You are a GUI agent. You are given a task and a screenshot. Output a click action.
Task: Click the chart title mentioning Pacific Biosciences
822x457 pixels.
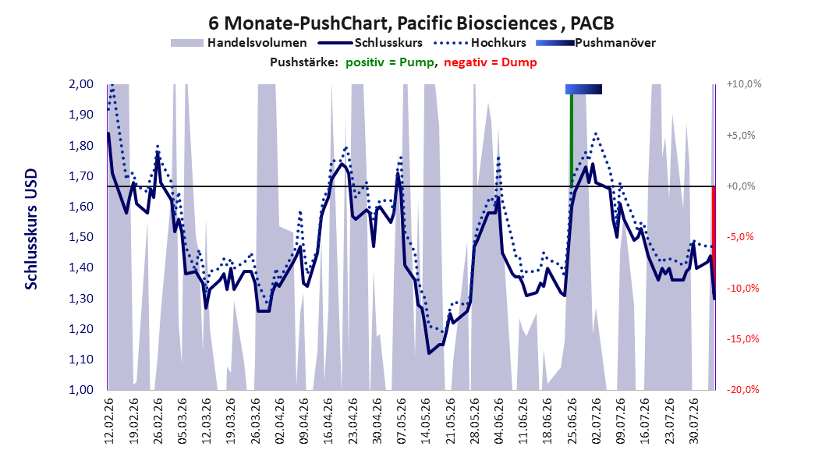click(411, 23)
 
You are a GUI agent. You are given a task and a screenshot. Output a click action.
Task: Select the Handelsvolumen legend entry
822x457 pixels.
click(239, 43)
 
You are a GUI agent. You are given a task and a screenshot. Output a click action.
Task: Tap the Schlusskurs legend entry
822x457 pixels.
click(370, 43)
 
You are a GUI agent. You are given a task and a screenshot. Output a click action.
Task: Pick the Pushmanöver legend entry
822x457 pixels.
click(596, 43)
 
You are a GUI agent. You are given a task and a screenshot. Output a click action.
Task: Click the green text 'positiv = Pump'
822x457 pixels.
click(390, 62)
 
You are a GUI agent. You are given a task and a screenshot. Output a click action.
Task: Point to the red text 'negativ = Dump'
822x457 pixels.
click(491, 62)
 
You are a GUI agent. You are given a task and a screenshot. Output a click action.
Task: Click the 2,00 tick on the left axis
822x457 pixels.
click(81, 84)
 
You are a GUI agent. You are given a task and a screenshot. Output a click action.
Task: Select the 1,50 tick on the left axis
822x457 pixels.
click(81, 237)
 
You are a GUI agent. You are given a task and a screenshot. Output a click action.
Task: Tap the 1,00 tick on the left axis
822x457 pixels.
click(81, 390)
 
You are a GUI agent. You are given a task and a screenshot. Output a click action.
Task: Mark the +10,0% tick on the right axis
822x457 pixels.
click(744, 84)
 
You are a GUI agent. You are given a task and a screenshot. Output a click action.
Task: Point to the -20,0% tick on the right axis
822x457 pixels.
click(742, 389)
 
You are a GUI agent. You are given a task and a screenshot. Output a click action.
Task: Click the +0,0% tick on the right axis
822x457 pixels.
click(741, 186)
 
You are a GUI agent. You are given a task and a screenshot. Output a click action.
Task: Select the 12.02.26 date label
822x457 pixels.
click(109, 421)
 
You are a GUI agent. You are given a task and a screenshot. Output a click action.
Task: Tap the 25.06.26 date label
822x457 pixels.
click(572, 421)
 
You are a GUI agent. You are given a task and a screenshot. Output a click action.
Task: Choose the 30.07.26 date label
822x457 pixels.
click(693, 421)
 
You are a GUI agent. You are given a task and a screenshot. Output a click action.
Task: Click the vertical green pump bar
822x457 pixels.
click(572, 140)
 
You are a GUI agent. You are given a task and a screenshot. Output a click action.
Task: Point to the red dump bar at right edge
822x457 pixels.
click(714, 243)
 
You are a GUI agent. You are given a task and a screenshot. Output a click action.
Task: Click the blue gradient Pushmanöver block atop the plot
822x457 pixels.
click(583, 89)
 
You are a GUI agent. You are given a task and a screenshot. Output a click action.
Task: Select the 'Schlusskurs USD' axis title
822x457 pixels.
click(31, 229)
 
